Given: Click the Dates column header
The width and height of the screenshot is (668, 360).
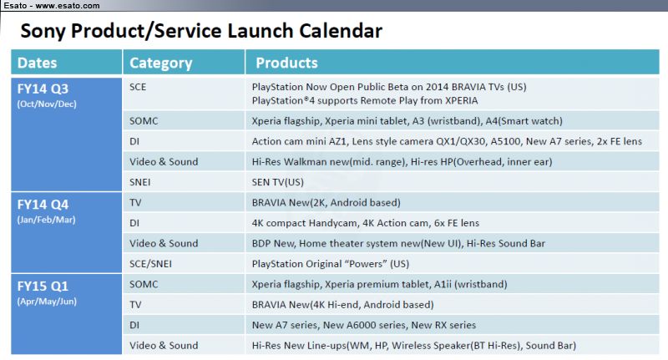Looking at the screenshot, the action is tap(37, 63).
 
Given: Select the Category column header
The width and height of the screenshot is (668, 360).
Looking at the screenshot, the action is tap(161, 63).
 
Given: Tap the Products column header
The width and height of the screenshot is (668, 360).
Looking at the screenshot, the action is tap(286, 63).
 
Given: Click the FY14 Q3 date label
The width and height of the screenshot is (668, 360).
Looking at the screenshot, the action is tap(43, 89).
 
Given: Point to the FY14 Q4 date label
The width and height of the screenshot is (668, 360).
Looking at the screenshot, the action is tap(43, 205).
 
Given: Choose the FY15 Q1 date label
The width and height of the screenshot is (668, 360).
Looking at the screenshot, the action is tap(43, 286).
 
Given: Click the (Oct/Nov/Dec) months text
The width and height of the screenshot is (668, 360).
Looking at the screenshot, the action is tap(47, 104).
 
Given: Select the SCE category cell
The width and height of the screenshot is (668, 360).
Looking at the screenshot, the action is tap(138, 87).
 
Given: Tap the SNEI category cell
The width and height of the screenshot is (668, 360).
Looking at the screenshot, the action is tap(139, 182).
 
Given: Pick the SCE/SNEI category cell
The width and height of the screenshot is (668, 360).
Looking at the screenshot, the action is tap(150, 264).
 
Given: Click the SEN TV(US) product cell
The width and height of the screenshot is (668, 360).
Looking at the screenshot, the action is tap(278, 182).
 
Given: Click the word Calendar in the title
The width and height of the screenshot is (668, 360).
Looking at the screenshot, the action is tap(341, 31).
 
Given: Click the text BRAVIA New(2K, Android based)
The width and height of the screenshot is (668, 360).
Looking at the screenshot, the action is tap(326, 203).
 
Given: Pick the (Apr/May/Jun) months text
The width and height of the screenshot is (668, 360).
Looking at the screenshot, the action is tap(47, 302).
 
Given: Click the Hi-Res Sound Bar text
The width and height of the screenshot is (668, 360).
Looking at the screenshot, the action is tap(506, 244).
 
